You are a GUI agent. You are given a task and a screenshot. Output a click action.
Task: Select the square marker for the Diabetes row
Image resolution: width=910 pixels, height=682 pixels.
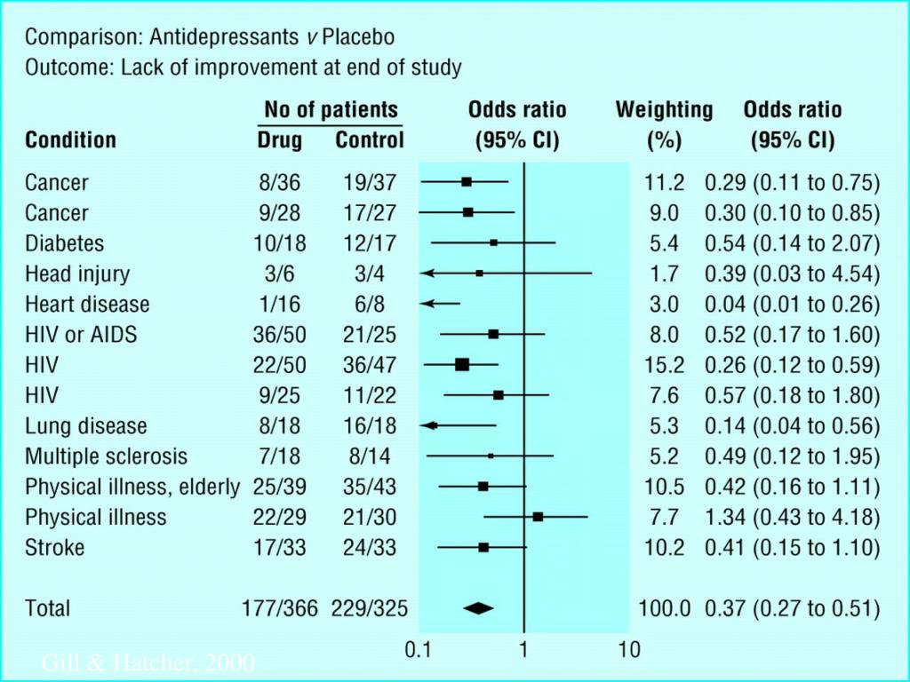(494, 242)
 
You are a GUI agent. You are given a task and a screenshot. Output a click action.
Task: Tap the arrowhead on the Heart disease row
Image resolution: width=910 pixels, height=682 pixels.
(427, 304)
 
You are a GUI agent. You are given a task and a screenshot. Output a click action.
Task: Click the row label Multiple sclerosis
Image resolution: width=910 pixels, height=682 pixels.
(107, 456)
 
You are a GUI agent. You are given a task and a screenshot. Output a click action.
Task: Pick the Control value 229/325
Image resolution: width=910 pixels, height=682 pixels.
(369, 608)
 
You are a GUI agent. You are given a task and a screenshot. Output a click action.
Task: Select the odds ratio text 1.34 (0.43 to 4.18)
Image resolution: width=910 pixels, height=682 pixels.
(792, 517)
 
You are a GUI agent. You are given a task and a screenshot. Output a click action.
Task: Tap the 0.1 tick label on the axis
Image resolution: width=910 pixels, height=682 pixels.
(419, 650)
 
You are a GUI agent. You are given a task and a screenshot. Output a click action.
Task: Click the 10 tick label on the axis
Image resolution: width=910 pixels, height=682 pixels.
(628, 650)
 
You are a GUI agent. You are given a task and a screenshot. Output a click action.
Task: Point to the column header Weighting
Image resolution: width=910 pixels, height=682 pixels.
(664, 110)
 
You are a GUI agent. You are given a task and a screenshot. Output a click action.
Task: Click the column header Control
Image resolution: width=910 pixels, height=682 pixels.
(369, 140)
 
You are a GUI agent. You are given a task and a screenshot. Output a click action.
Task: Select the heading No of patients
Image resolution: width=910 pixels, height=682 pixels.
(331, 110)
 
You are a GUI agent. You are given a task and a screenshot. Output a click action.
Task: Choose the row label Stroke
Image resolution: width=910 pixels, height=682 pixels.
(55, 547)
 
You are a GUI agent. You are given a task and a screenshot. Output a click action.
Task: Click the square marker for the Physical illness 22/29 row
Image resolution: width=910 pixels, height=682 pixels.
(538, 516)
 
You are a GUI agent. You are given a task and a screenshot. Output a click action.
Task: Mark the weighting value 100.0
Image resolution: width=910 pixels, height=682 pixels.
(663, 608)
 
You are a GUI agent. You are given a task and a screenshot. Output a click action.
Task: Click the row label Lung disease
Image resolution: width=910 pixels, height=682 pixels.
(86, 426)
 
